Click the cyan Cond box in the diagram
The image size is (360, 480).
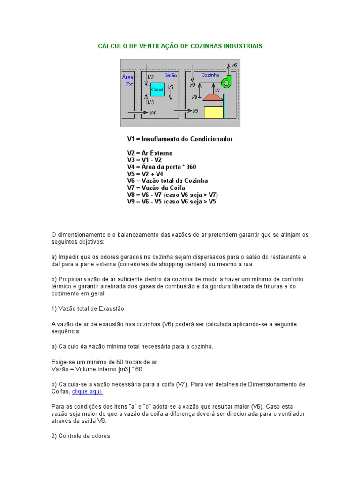click(157, 89)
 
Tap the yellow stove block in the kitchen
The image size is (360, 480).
click(213, 112)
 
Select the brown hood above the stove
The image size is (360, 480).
click(213, 97)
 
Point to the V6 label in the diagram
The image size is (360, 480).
click(234, 65)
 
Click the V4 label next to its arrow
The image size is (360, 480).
click(152, 112)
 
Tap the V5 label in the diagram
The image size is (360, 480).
click(195, 111)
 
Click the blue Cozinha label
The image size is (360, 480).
click(210, 75)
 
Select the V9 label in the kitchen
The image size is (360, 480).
click(192, 85)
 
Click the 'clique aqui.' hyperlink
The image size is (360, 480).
click(87, 391)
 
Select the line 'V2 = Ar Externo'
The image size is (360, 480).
click(150, 153)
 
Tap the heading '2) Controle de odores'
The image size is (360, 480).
click(81, 436)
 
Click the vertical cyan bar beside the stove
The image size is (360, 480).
click(224, 106)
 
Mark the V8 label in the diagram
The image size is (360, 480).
click(195, 97)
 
